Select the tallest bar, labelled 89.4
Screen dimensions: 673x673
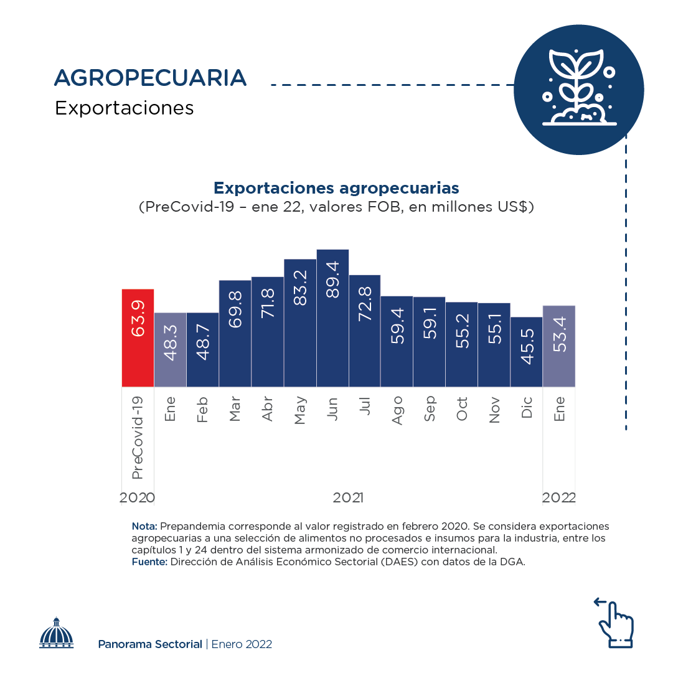[x=332, y=318]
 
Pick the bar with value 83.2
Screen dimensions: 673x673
[x=300, y=323]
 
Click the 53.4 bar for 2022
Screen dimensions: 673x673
[x=559, y=346]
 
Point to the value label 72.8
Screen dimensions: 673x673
[x=365, y=304]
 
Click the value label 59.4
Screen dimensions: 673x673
[x=398, y=326]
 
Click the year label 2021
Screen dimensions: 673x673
[x=349, y=498]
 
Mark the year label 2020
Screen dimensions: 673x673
[x=138, y=498]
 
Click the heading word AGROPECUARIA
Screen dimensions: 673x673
[x=151, y=78]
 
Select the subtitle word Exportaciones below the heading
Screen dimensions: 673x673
[x=125, y=108]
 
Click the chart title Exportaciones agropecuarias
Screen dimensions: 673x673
[x=336, y=188]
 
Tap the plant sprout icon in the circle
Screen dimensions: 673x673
[x=578, y=89]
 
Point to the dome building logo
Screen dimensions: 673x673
[x=57, y=633]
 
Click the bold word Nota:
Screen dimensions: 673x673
[x=144, y=526]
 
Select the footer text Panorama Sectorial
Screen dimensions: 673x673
[x=150, y=644]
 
